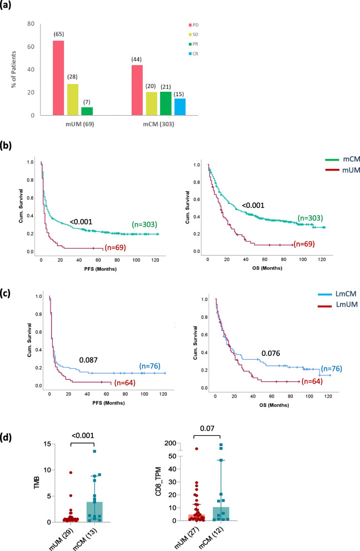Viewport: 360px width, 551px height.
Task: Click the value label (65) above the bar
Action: point(58,34)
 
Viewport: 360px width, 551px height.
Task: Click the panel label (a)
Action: point(12,7)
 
